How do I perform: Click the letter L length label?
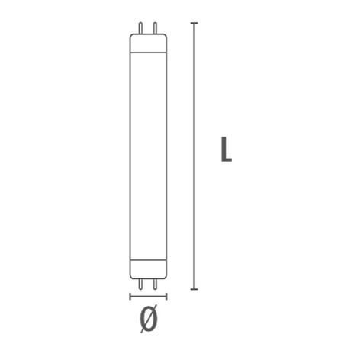click(226, 149)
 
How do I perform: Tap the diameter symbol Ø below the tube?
click(149, 318)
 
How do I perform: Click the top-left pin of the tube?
click(140, 28)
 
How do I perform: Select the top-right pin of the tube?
click(155, 28)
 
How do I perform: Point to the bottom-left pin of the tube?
click(140, 284)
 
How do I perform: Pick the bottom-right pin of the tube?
click(155, 284)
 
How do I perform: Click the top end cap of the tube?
click(149, 43)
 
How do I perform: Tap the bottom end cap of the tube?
click(149, 269)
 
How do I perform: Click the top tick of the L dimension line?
click(194, 23)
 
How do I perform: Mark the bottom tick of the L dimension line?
click(194, 289)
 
